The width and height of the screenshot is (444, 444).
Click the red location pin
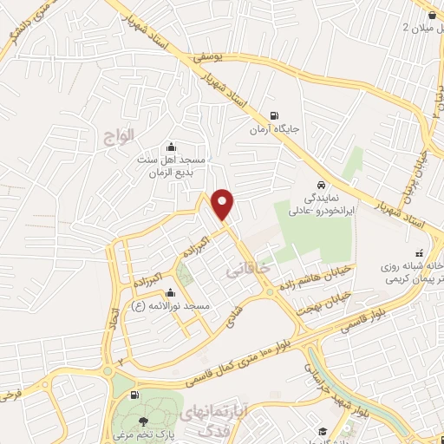point(224,205)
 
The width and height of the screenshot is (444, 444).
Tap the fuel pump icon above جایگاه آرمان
point(276,116)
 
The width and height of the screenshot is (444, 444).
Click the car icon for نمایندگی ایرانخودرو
point(321,185)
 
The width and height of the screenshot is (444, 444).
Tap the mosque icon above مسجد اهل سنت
point(170,147)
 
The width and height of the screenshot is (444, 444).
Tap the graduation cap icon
point(321,431)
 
